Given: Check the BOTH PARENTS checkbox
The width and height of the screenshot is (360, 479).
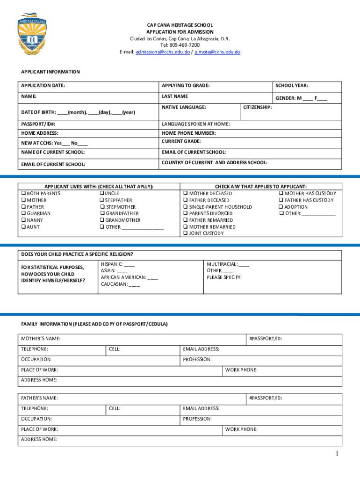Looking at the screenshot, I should click(23, 194).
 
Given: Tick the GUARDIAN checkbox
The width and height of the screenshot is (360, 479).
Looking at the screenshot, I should click(23, 214).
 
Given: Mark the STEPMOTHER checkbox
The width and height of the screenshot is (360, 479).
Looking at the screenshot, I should click(101, 207).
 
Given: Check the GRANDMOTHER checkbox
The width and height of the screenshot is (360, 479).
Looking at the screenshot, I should click(101, 220).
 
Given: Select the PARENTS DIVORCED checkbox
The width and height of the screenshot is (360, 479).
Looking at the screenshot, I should click(186, 214).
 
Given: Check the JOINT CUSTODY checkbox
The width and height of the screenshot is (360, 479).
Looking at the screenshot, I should click(186, 233).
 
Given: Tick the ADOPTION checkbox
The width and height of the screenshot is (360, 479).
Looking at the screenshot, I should click(281, 207).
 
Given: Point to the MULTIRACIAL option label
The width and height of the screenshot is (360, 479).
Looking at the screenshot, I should click(222, 264).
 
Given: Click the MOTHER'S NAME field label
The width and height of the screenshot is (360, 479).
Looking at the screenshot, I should click(41, 339).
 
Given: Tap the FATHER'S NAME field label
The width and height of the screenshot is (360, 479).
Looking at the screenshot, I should click(40, 398).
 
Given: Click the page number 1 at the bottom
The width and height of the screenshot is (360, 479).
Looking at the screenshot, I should click(336, 454).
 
